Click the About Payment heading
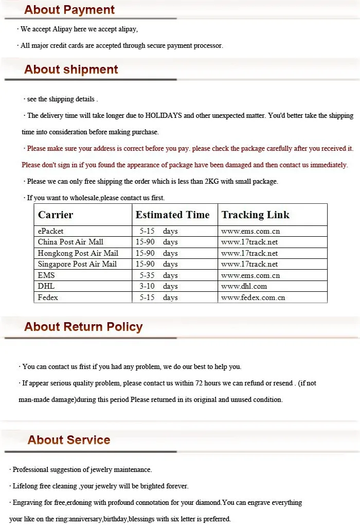[69, 10]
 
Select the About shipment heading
[71, 70]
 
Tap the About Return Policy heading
[83, 327]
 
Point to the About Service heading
[69, 440]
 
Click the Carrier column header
[56, 215]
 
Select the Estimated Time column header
[172, 215]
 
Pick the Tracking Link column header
[255, 215]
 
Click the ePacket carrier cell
[50, 231]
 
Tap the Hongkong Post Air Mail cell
[78, 253]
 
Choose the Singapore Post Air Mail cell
[77, 264]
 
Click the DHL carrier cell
[46, 286]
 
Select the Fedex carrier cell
[48, 297]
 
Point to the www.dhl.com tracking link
[244, 286]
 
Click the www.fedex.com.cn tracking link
[253, 297]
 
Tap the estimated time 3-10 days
[158, 286]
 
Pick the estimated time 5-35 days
[158, 275]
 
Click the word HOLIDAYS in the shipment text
[164, 116]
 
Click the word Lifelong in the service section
[26, 486]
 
